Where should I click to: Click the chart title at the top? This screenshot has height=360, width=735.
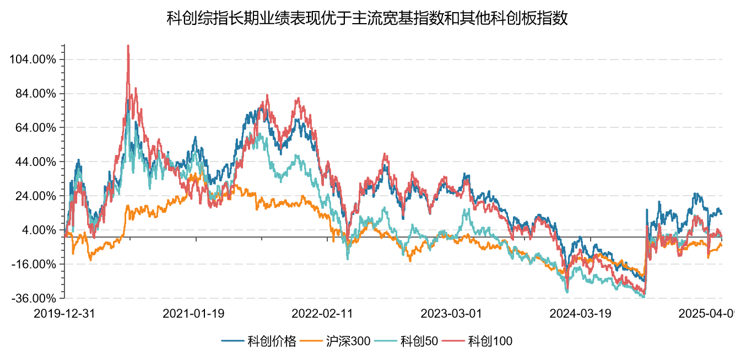367,19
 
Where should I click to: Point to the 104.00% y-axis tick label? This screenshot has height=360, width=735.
33,60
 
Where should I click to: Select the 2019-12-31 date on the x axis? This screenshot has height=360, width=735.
64,314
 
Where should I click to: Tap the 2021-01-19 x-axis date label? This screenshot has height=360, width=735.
193,314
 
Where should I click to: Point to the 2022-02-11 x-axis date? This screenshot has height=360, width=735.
322,314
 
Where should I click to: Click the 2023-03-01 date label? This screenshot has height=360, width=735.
451,314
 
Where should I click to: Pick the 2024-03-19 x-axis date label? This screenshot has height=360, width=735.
580,314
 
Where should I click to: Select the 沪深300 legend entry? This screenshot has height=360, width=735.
348,341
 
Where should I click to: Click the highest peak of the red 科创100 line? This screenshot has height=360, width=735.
128,46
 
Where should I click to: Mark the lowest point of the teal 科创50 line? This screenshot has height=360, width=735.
643,297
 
